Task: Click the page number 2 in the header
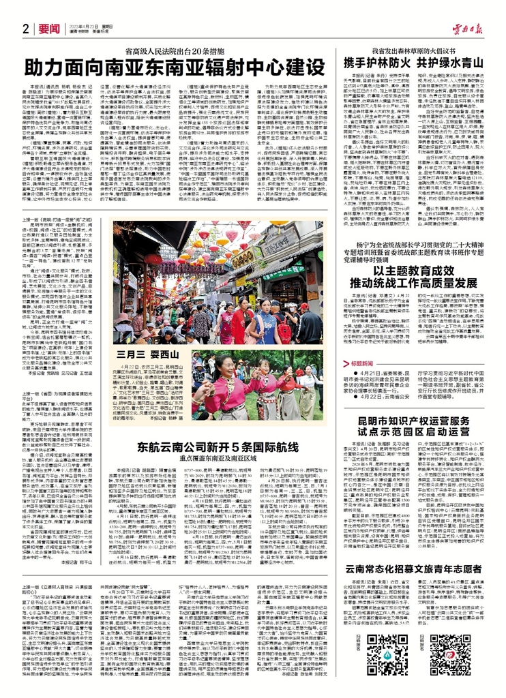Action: point(25,28)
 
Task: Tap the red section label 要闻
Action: point(48,28)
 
